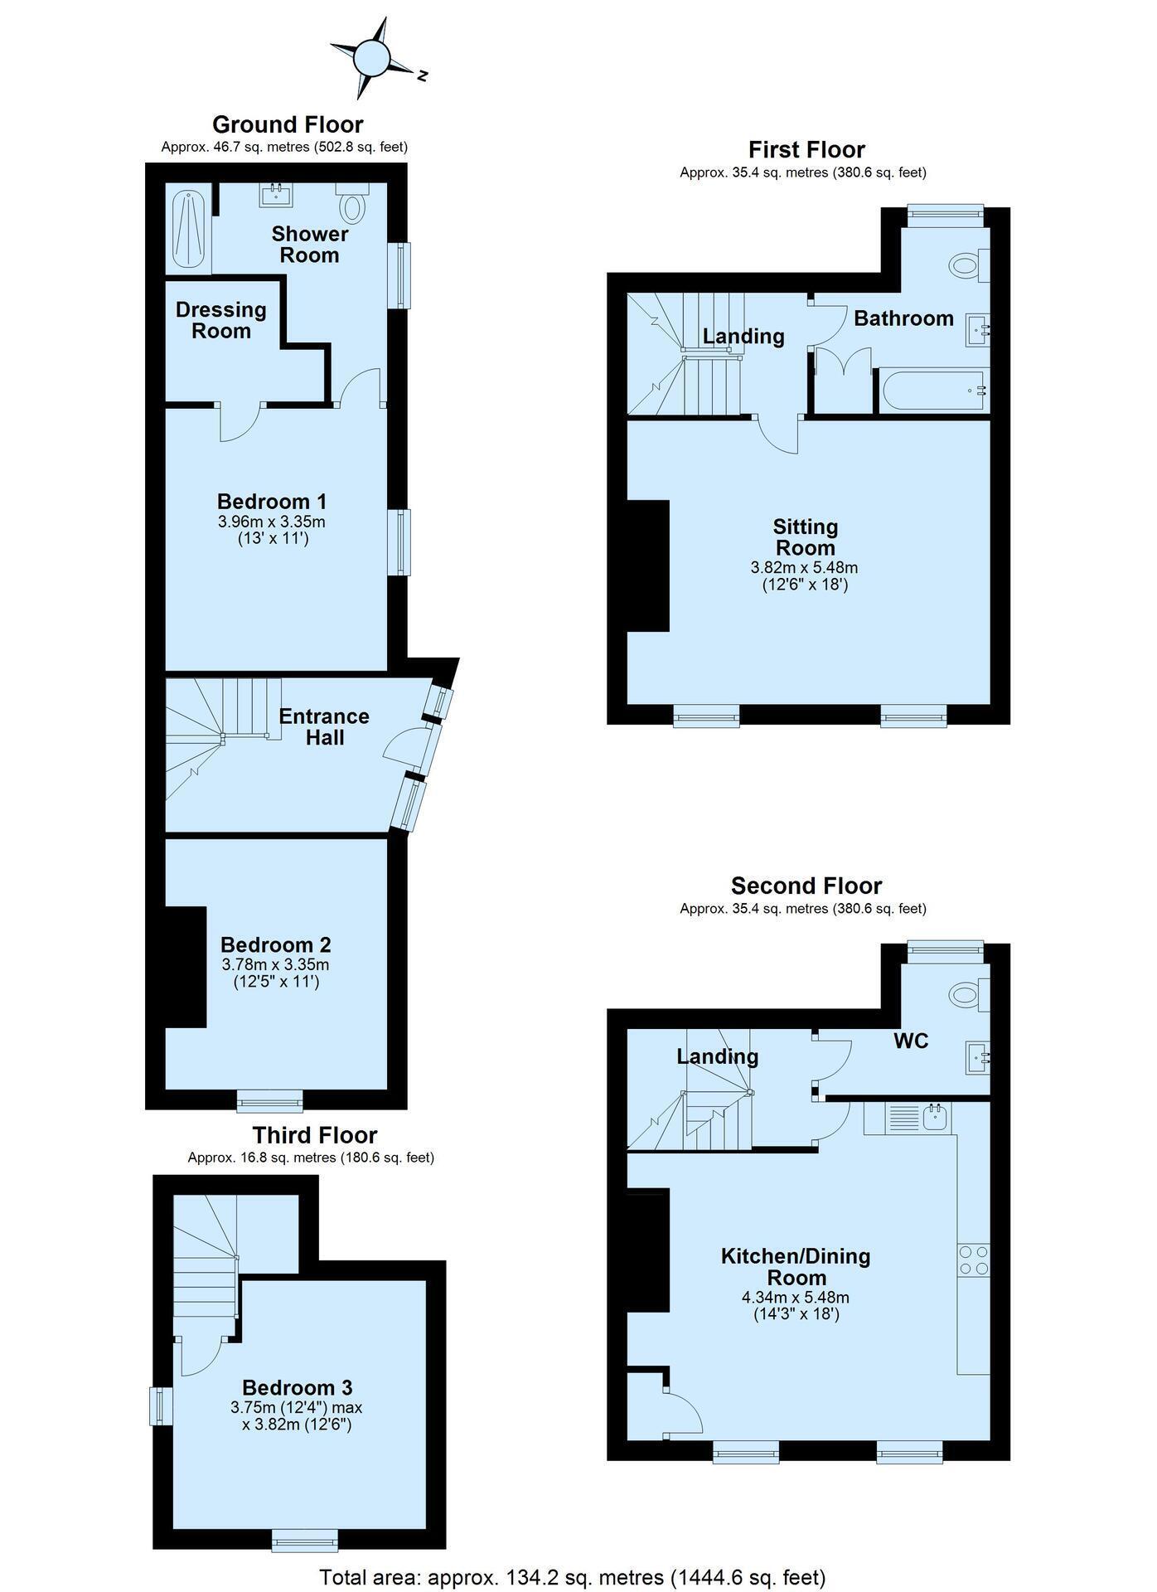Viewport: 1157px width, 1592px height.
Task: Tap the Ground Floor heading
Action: pyautogui.click(x=288, y=124)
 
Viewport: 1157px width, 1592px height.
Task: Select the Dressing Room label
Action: pyautogui.click(x=221, y=320)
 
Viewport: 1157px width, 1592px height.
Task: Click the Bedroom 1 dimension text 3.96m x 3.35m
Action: pyautogui.click(x=272, y=522)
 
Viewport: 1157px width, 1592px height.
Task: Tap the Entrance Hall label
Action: pyautogui.click(x=324, y=726)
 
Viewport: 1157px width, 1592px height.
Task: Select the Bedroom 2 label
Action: pyautogui.click(x=276, y=944)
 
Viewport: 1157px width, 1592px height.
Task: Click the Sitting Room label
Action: pyautogui.click(x=806, y=537)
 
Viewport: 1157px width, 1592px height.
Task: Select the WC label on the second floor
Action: pyautogui.click(x=911, y=1041)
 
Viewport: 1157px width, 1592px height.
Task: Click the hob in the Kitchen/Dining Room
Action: pyautogui.click(x=974, y=1260)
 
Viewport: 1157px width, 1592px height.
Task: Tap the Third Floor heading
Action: pyautogui.click(x=315, y=1134)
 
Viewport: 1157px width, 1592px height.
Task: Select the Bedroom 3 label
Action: pyautogui.click(x=298, y=1387)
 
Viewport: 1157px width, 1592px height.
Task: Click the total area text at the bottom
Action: pyautogui.click(x=574, y=1576)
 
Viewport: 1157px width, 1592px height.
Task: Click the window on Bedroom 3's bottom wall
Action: pyautogui.click(x=306, y=1539)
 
